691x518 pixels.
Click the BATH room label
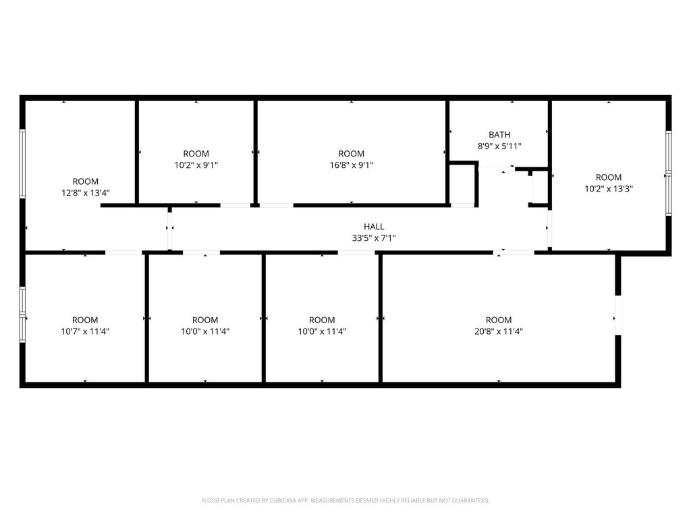(499, 134)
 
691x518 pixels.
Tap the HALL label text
(374, 227)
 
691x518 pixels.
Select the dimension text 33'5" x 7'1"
(374, 238)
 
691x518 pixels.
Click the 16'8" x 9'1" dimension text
(351, 165)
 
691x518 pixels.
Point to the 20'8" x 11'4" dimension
(499, 331)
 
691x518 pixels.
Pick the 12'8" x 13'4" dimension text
(86, 193)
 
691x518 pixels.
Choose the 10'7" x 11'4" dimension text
(85, 331)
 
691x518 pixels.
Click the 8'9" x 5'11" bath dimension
(499, 146)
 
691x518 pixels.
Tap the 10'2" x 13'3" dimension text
(609, 189)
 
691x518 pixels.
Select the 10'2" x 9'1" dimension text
(196, 165)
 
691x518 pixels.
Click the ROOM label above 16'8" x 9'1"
(351, 154)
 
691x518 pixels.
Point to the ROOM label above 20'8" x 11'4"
(499, 320)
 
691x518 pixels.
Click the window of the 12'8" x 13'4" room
(22, 163)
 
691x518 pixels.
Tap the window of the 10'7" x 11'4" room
(22, 314)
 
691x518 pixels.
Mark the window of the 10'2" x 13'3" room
(669, 173)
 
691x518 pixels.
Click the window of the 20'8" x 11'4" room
(618, 316)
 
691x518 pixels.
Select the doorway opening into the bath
(497, 167)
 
